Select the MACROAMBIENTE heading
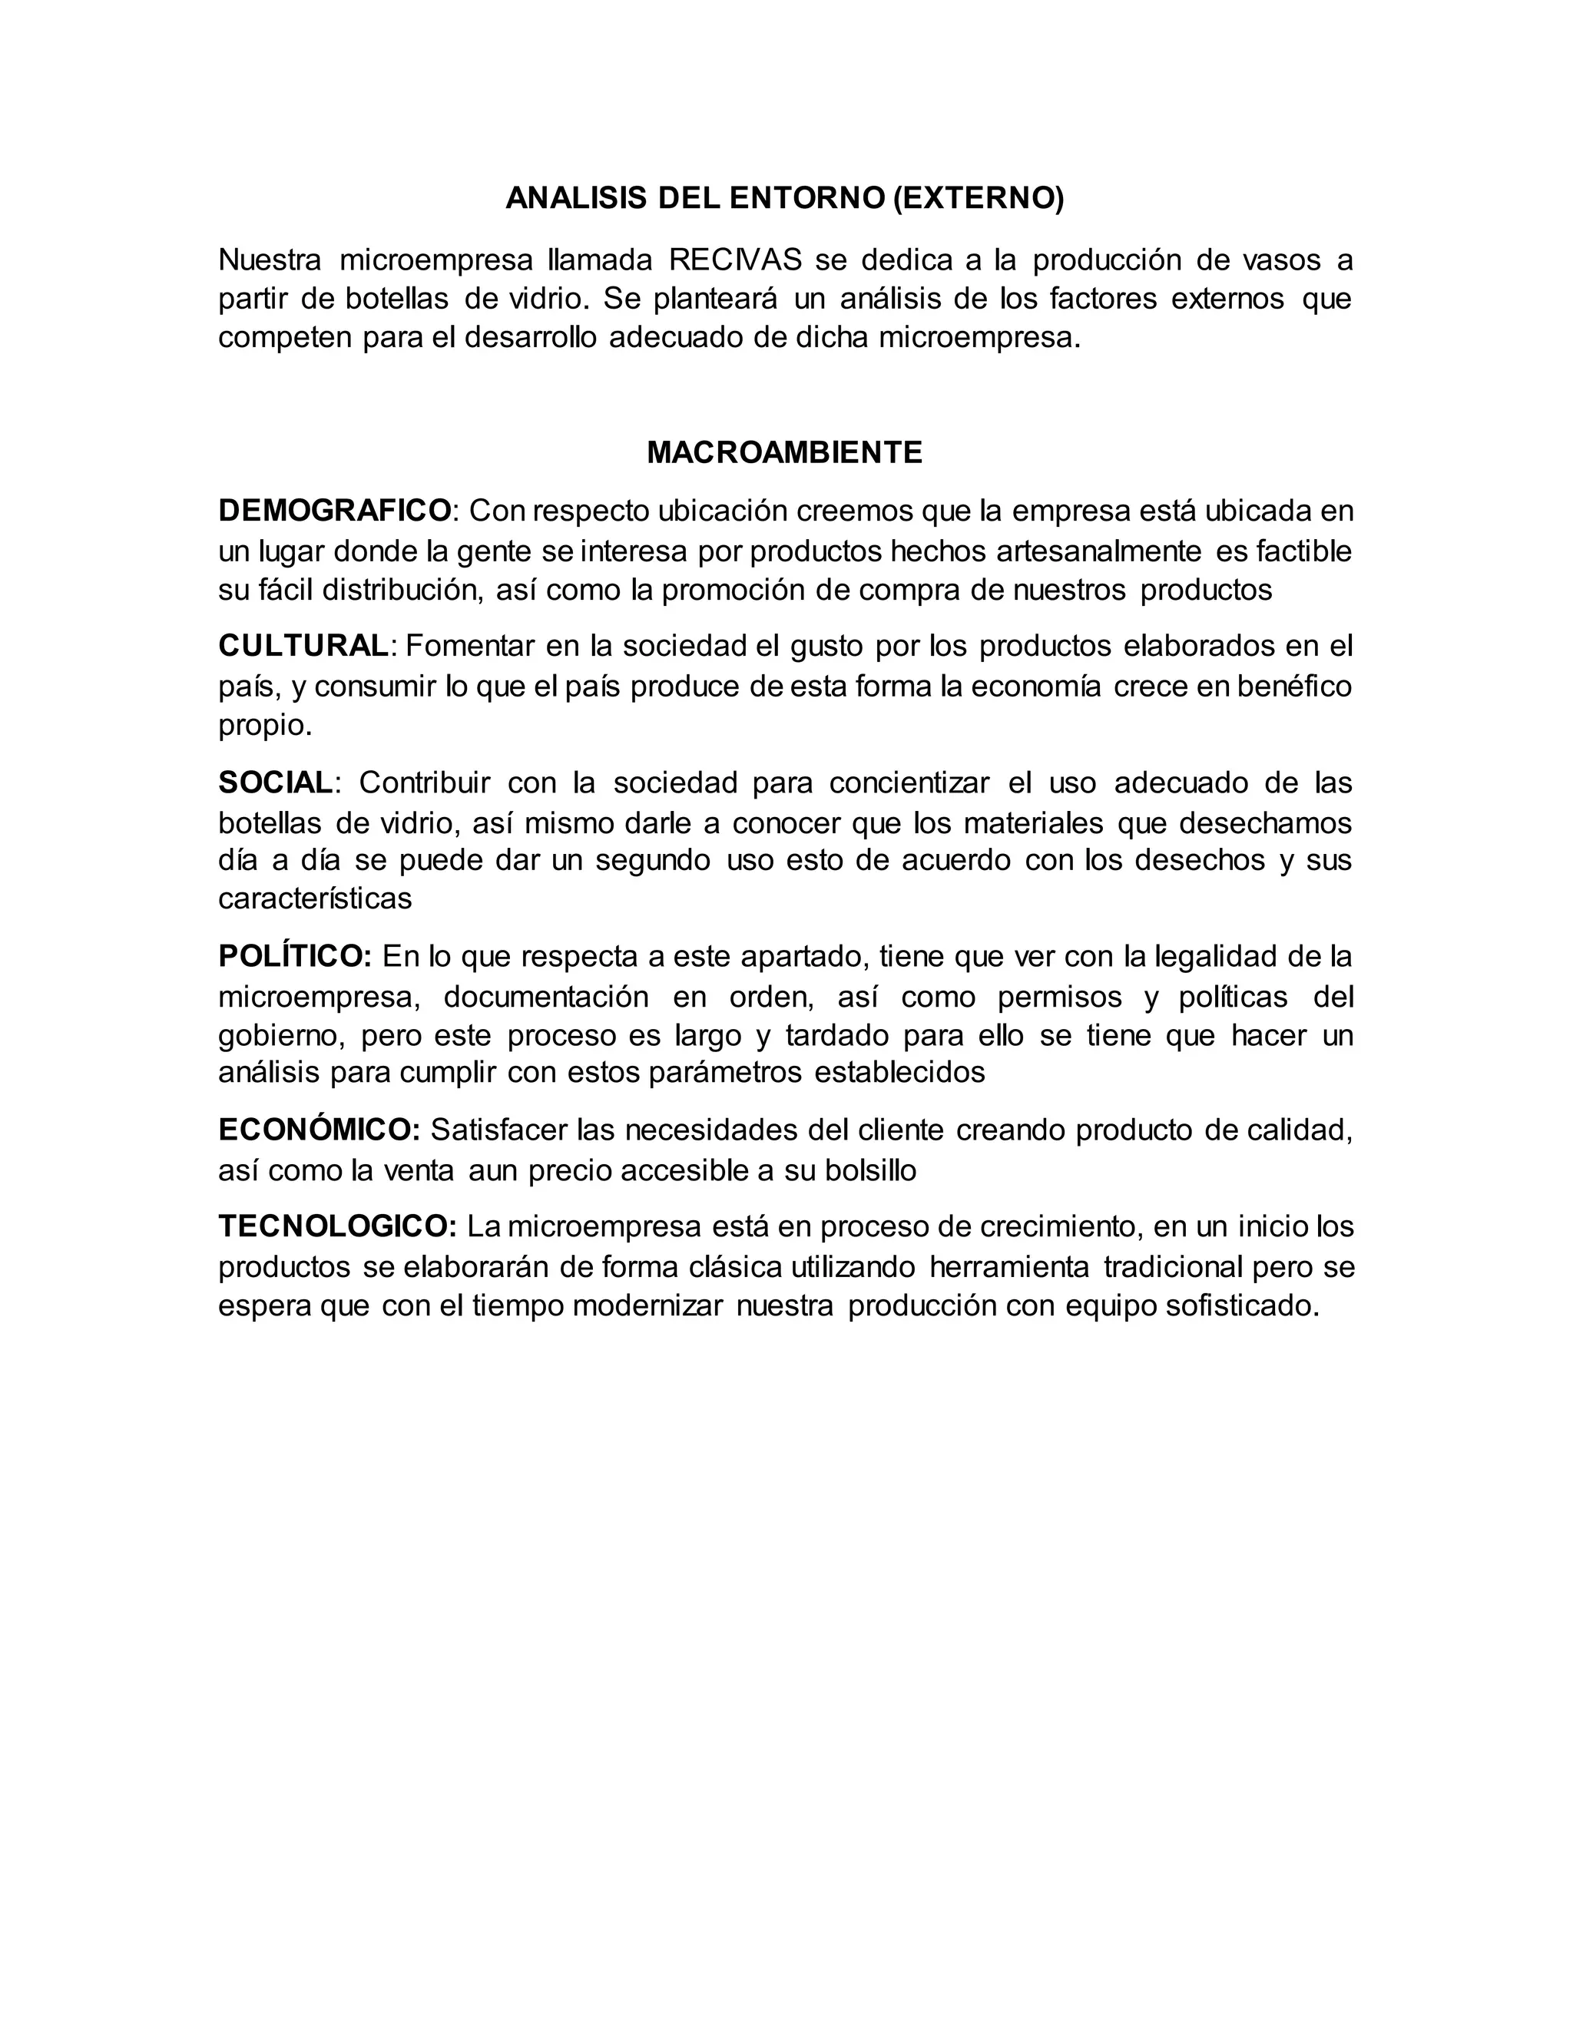pos(785,453)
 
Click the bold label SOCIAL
pos(275,783)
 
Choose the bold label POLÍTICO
pos(294,956)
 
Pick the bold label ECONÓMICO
pos(319,1130)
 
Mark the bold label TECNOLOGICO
pos(337,1226)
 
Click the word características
pos(315,898)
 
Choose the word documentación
pos(546,997)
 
